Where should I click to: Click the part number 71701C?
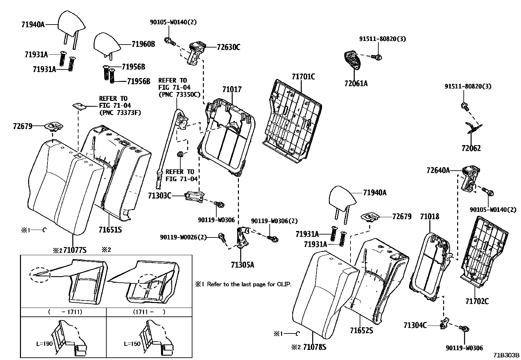pyautogui.click(x=303, y=77)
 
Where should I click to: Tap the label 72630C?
pyautogui.click(x=228, y=47)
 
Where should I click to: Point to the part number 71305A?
pyautogui.click(x=242, y=264)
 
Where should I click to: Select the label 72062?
pyautogui.click(x=471, y=148)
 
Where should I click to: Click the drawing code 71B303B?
pyautogui.click(x=507, y=355)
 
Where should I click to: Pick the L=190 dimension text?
pyautogui.click(x=45, y=344)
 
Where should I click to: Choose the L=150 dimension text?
pyautogui.click(x=132, y=344)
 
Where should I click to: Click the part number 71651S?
pyautogui.click(x=110, y=230)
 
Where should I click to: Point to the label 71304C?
pyautogui.click(x=415, y=325)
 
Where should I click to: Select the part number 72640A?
pyautogui.click(x=438, y=170)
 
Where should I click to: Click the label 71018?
pyautogui.click(x=429, y=217)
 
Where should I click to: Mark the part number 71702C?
pyautogui.click(x=477, y=301)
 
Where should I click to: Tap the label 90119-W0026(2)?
pyautogui.click(x=183, y=237)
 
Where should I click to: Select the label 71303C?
pyautogui.click(x=159, y=196)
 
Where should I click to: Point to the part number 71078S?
pyautogui.click(x=314, y=347)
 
